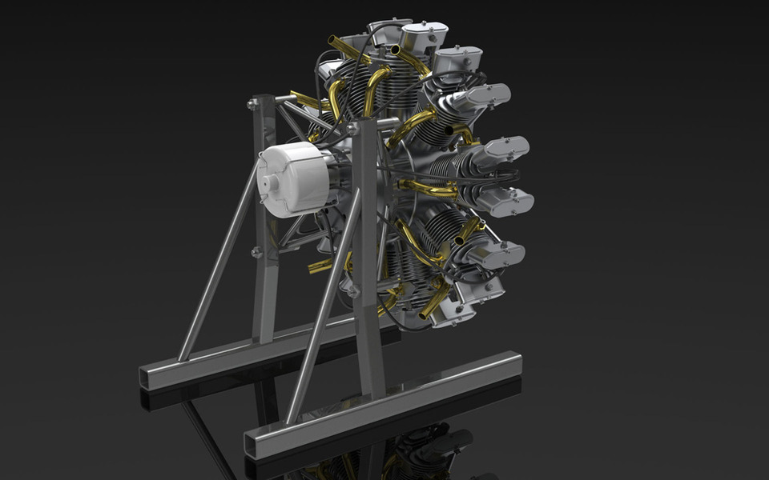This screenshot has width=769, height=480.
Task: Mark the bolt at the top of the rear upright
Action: (253, 104)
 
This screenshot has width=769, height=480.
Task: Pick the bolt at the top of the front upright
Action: (353, 128)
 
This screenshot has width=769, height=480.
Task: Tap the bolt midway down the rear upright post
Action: (257, 252)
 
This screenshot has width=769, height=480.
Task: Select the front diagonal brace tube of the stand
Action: (320, 320)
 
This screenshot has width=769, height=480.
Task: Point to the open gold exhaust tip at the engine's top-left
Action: (335, 40)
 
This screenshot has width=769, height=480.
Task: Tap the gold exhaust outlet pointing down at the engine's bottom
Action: (426, 312)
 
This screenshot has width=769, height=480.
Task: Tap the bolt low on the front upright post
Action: (353, 290)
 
